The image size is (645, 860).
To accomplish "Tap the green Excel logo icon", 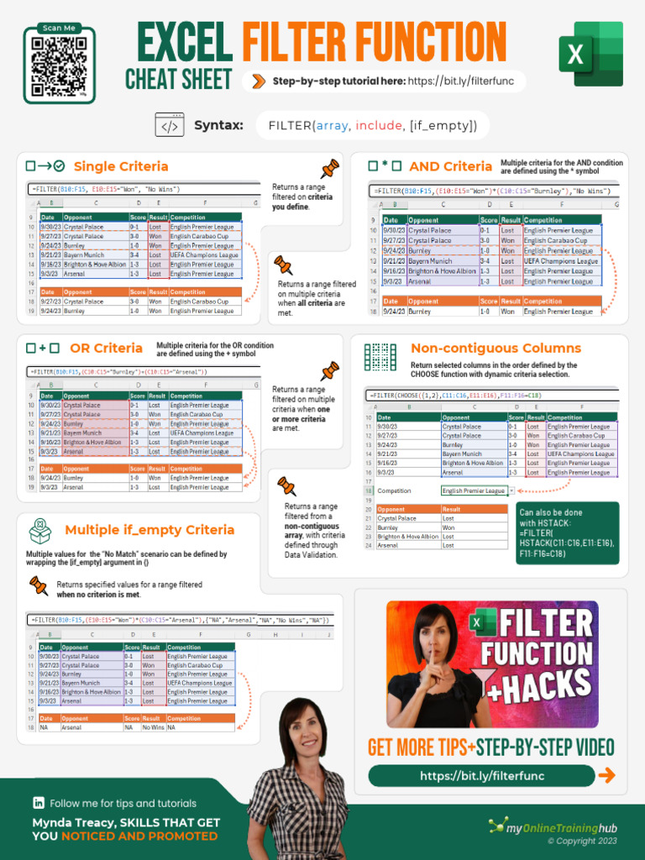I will (590, 55).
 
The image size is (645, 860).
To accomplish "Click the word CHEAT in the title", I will (156, 80).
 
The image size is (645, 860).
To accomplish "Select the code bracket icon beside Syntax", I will (170, 126).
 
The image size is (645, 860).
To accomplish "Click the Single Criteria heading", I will (121, 166).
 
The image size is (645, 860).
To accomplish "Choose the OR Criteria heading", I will (107, 348).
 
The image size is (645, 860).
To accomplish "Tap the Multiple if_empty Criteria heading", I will (149, 530).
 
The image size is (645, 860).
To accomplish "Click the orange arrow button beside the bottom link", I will (606, 776).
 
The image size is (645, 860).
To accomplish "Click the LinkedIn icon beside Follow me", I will (38, 804).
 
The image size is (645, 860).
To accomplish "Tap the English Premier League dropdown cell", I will (475, 490).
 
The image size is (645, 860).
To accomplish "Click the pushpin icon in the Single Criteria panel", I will (330, 168).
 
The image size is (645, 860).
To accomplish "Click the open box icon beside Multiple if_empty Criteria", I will (39, 531).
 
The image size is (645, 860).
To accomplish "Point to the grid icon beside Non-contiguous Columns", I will (380, 357).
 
